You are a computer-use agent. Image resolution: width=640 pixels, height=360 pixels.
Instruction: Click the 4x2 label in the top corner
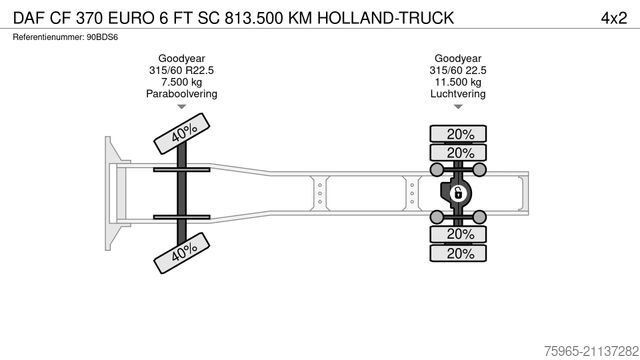click(x=613, y=17)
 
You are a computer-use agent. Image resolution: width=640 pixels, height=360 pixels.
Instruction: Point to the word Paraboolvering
click(x=181, y=94)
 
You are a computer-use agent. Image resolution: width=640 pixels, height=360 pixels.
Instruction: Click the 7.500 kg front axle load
click(x=181, y=82)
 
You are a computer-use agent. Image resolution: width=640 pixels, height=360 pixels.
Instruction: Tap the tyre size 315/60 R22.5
click(x=181, y=70)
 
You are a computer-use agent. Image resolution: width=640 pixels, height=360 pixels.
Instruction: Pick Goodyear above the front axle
click(x=181, y=58)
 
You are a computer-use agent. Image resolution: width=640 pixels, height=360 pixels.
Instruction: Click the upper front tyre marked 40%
click(x=181, y=133)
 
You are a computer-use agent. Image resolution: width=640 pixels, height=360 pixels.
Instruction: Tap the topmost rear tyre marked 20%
click(x=460, y=134)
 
